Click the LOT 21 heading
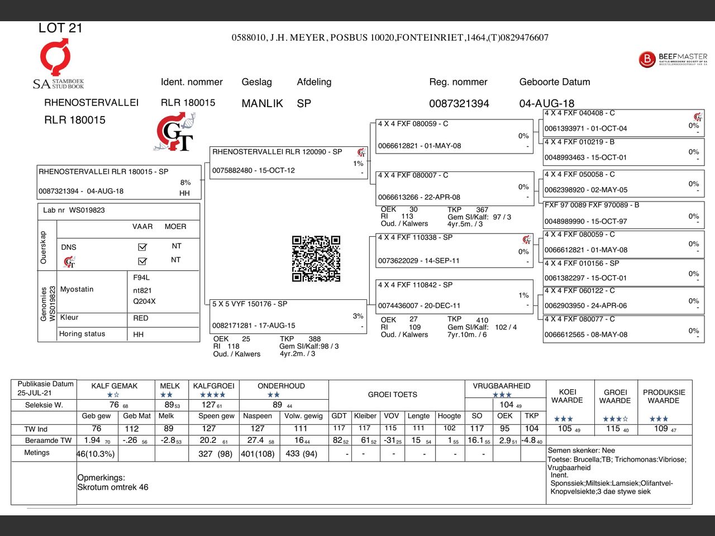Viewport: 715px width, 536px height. click(60, 28)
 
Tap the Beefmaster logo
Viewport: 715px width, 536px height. click(673, 59)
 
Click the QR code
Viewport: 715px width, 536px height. click(316, 259)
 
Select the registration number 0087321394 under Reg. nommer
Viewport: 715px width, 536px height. click(459, 103)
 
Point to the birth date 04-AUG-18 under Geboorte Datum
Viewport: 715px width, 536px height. click(547, 103)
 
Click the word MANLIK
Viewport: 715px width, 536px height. click(262, 103)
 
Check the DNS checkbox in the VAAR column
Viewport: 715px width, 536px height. click(142, 247)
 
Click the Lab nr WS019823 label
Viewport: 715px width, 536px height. click(74, 210)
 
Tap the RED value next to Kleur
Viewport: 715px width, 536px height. click(141, 318)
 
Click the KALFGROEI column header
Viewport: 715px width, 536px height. click(214, 386)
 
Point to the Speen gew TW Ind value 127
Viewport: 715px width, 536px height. click(209, 429)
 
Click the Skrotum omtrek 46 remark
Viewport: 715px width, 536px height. click(113, 487)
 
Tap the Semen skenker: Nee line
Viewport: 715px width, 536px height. click(581, 450)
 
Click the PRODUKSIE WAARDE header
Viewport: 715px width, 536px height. click(664, 396)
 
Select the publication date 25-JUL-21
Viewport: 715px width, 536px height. click(35, 393)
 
